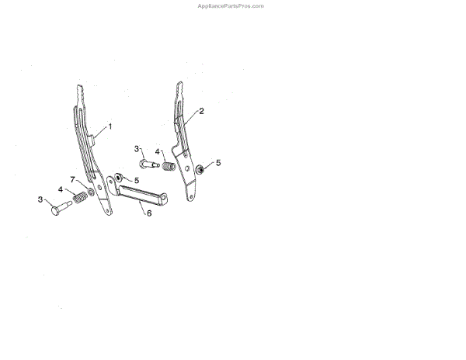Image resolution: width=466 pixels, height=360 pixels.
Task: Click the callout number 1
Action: pos(110,125)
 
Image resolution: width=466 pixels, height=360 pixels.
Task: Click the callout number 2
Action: pos(201,111)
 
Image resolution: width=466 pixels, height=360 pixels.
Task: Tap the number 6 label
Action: pos(149,213)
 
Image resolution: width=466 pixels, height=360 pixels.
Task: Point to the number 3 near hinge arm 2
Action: pos(137,148)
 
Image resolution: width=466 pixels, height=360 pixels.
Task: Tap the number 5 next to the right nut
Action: pos(218,163)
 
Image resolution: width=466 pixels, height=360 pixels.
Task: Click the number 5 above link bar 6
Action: pos(136,180)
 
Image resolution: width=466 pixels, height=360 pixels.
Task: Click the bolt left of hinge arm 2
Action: pos(148,164)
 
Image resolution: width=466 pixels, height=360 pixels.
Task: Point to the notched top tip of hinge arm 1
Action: pos(80,89)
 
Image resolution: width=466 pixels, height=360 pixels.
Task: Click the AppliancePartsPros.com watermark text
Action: pos(232,5)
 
